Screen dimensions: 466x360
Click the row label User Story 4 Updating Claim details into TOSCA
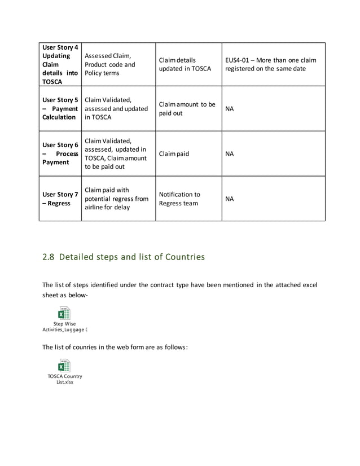click(x=60, y=64)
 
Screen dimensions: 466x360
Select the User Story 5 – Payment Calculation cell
click(x=60, y=108)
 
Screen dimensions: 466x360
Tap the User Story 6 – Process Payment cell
click(x=60, y=153)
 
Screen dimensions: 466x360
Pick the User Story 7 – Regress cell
click(x=60, y=199)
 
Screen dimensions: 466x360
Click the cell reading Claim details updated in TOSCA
click(x=185, y=64)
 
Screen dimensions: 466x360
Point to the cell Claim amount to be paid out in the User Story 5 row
click(x=187, y=109)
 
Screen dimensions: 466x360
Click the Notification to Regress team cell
click(x=179, y=199)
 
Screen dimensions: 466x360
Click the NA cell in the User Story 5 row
click(x=230, y=109)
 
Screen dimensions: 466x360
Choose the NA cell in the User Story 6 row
click(x=230, y=153)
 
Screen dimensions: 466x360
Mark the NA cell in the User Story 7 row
click(x=230, y=199)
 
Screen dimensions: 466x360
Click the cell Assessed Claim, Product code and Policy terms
click(x=110, y=64)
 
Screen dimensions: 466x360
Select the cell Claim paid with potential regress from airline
click(x=116, y=199)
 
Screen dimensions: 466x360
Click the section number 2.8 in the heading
click(x=49, y=257)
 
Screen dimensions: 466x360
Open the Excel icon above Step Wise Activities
click(x=64, y=313)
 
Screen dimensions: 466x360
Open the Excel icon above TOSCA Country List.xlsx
click(x=64, y=366)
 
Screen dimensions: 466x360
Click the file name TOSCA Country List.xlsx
click(x=64, y=379)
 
